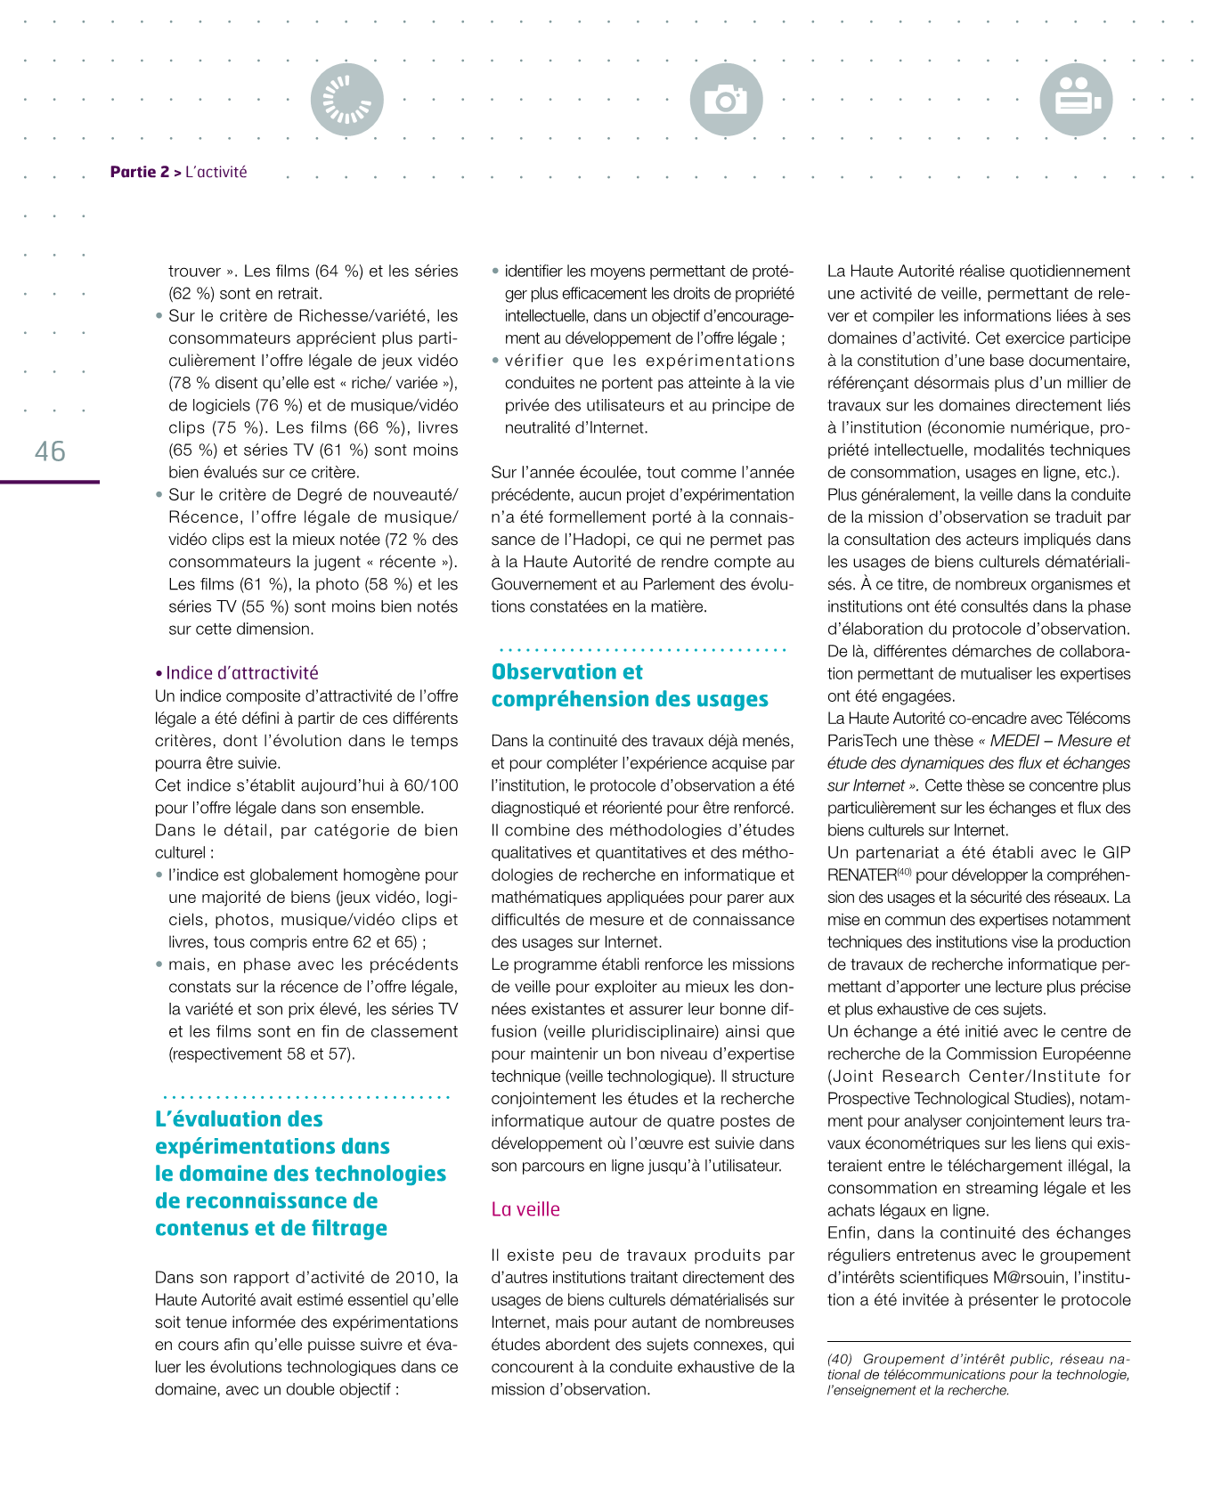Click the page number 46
(x=50, y=451)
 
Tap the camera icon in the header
(x=726, y=100)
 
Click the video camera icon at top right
(x=1076, y=100)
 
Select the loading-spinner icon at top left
(x=347, y=100)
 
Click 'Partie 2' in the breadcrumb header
(x=140, y=172)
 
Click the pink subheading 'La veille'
(x=525, y=1209)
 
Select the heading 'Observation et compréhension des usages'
(x=629, y=686)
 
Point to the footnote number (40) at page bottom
(x=840, y=1359)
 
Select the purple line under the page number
(x=50, y=482)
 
